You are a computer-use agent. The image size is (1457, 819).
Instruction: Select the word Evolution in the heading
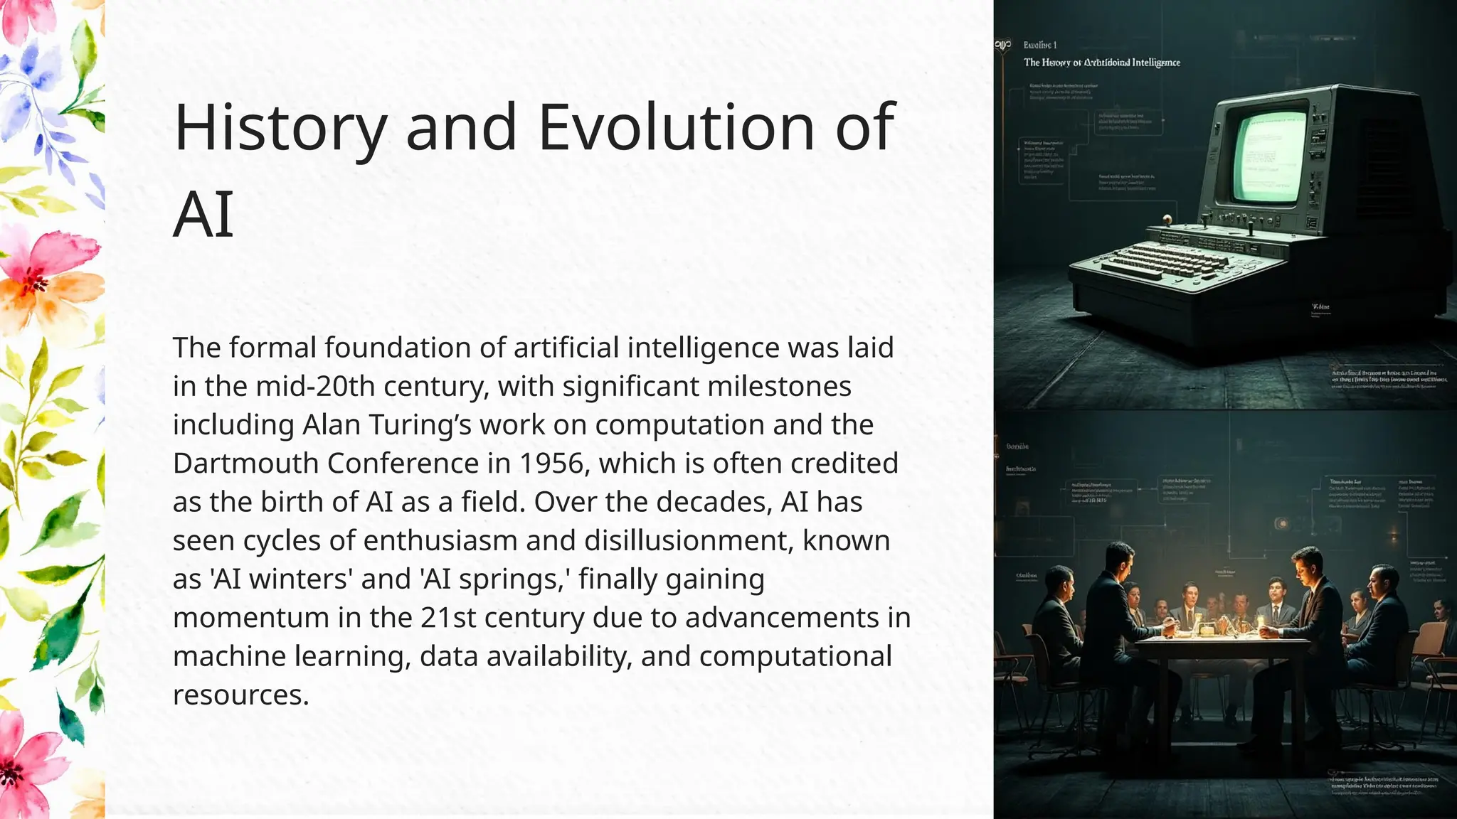pyautogui.click(x=677, y=128)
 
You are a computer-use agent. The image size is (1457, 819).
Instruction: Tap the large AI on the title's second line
pyautogui.click(x=203, y=214)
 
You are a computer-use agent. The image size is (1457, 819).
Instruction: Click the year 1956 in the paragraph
pyautogui.click(x=553, y=464)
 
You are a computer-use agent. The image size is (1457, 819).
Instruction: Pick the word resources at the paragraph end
pyautogui.click(x=240, y=695)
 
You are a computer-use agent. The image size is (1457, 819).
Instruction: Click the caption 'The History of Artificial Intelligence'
pyautogui.click(x=1101, y=63)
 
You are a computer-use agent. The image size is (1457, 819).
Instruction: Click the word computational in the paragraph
pyautogui.click(x=795, y=656)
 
